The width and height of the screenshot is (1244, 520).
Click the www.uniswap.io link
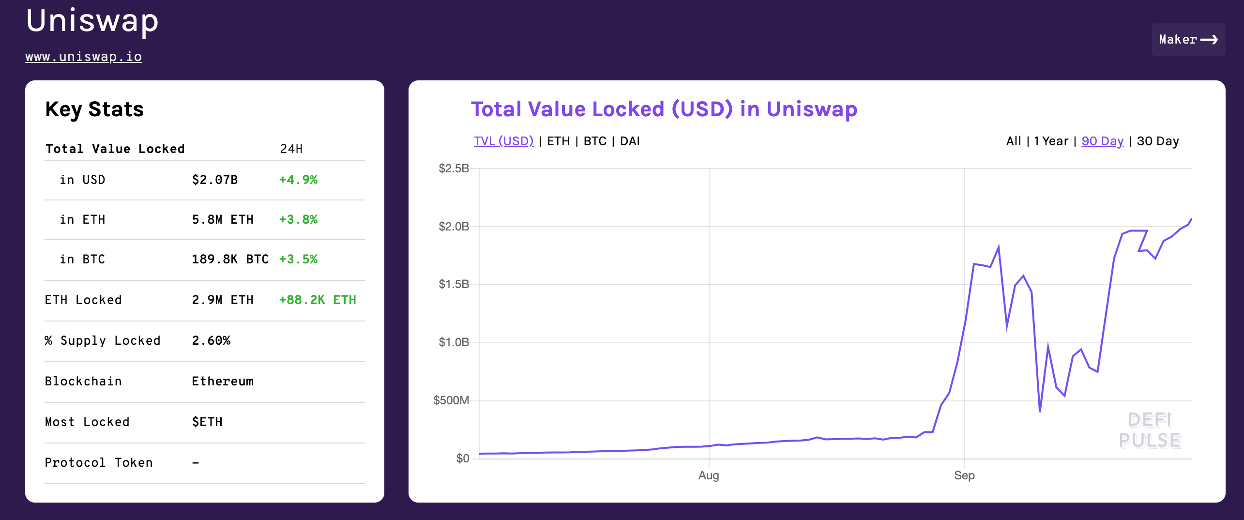coord(83,57)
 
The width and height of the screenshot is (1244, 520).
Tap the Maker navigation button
coord(1188,40)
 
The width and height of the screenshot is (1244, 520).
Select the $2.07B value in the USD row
coord(215,180)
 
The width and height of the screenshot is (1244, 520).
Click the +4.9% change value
coord(298,180)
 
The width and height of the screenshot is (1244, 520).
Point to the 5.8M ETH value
coord(223,219)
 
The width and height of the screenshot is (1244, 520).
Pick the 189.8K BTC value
coord(230,259)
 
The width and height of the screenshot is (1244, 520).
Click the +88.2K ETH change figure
coord(318,300)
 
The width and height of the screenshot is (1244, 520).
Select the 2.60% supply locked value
coord(211,340)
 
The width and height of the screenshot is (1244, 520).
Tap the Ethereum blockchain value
coord(223,381)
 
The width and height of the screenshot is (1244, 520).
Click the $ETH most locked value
coord(207,422)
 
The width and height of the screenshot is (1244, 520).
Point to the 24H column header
coord(291,149)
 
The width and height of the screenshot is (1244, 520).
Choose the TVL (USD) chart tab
coord(503,141)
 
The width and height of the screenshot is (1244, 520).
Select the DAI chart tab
coord(630,141)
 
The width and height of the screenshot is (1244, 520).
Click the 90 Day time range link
coord(1102,141)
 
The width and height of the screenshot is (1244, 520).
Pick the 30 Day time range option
coord(1158,141)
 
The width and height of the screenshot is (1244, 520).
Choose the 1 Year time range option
coord(1051,141)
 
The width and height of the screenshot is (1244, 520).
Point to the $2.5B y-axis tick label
coord(454,168)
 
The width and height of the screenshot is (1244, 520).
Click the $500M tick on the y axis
coord(451,400)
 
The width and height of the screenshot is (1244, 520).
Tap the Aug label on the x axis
coord(709,475)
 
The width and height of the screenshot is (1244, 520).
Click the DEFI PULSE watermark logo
coord(1150,430)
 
